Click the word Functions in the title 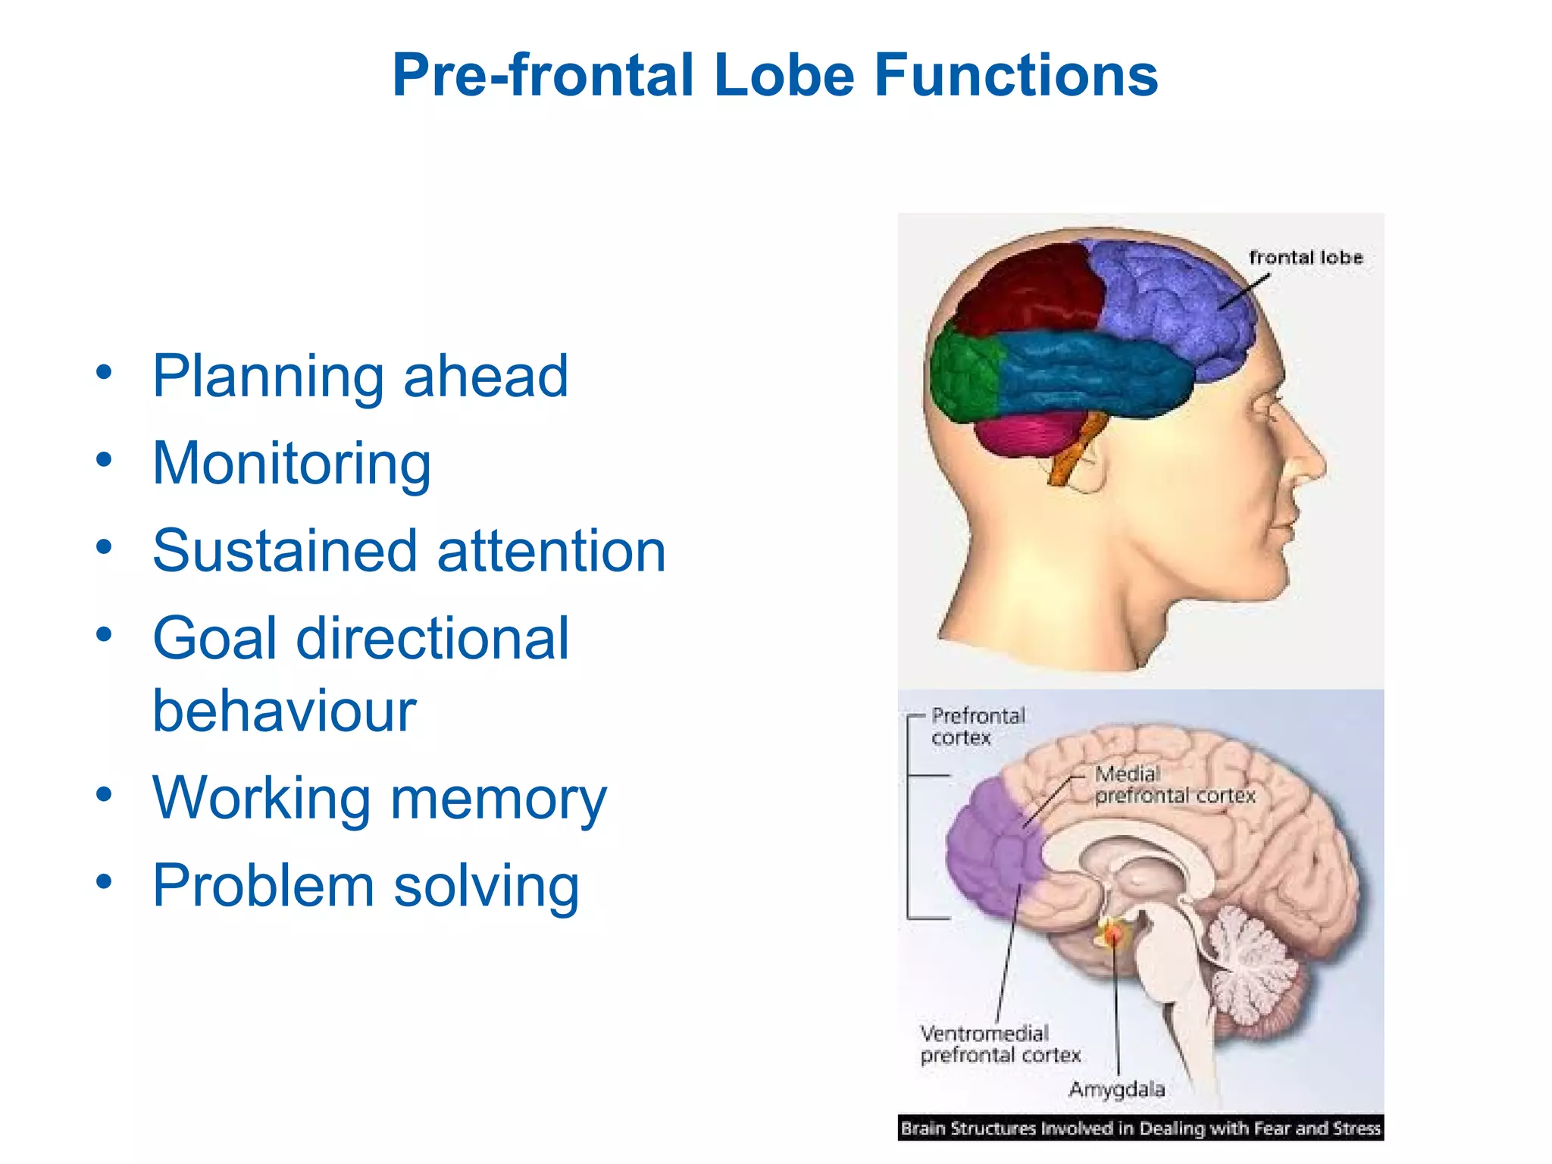point(1015,76)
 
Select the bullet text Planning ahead point(360,377)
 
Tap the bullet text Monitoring point(291,464)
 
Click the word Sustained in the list point(284,551)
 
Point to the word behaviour point(284,712)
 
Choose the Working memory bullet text point(379,799)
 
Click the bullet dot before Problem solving point(104,881)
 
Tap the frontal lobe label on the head point(1305,258)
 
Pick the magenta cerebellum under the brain point(1023,436)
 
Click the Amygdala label point(1116,1090)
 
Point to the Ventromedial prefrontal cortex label point(999,1044)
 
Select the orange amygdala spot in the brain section point(1112,935)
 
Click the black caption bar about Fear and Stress point(1141,1128)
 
